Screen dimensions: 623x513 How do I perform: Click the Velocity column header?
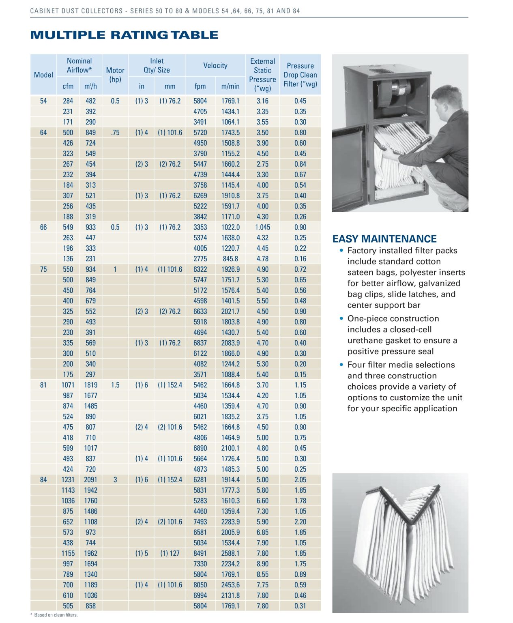coord(215,65)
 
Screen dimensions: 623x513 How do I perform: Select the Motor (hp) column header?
coord(115,75)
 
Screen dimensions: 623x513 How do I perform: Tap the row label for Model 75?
coord(43,269)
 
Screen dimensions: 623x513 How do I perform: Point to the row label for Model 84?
coord(43,480)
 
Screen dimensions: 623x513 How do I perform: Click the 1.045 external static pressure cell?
coord(262,227)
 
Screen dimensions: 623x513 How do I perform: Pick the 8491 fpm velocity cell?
coord(200,553)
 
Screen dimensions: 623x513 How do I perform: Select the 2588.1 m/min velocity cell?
coord(230,553)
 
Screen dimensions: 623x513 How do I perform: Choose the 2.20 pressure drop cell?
coord(300,522)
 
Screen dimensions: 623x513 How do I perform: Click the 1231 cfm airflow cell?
coord(68,480)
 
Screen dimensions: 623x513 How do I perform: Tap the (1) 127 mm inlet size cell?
coord(170,553)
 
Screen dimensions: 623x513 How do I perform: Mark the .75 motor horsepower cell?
coord(115,133)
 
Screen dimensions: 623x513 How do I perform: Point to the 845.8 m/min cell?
coord(230,259)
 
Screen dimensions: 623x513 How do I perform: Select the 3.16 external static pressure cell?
coord(262,101)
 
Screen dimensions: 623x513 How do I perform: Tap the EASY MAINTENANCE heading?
coord(384,239)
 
